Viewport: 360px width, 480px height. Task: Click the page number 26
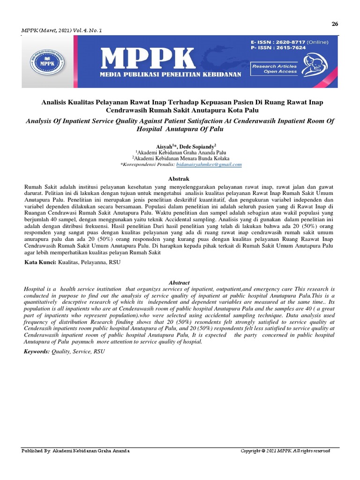pos(335,24)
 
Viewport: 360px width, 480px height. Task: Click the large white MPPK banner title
pos(148,58)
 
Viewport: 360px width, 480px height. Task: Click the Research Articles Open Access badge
pos(274,69)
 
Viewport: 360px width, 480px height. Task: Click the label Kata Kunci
pos(40,262)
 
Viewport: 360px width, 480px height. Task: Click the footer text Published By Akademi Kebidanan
pos(76,451)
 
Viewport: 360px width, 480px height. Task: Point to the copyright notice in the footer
pos(285,451)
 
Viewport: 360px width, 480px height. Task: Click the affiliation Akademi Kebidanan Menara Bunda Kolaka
pos(180,158)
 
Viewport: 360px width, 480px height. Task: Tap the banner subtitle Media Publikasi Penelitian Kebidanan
pos(171,75)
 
